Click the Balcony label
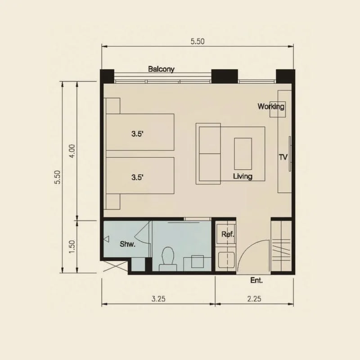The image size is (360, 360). pos(161,69)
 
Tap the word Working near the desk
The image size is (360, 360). pos(271,107)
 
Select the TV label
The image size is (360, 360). pos(283,157)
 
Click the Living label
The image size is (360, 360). pos(243,176)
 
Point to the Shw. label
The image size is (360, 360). pos(127,244)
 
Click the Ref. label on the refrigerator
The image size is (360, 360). pos(228,234)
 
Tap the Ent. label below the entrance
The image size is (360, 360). pos(256,280)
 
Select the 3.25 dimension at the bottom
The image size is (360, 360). pos(158,299)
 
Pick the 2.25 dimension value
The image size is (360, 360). pos(254,299)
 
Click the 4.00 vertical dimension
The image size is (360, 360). pos(72,151)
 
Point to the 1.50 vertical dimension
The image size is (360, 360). pos(72,247)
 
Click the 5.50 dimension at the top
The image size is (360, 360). pos(198,41)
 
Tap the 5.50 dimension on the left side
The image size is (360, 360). pos(58,177)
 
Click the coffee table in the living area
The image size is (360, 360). pos(243,153)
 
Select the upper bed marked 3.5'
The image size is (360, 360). pos(140,132)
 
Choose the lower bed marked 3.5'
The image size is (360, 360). pos(140,175)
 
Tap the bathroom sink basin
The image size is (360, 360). pos(198,261)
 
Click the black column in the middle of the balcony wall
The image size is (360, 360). pos(225,76)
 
